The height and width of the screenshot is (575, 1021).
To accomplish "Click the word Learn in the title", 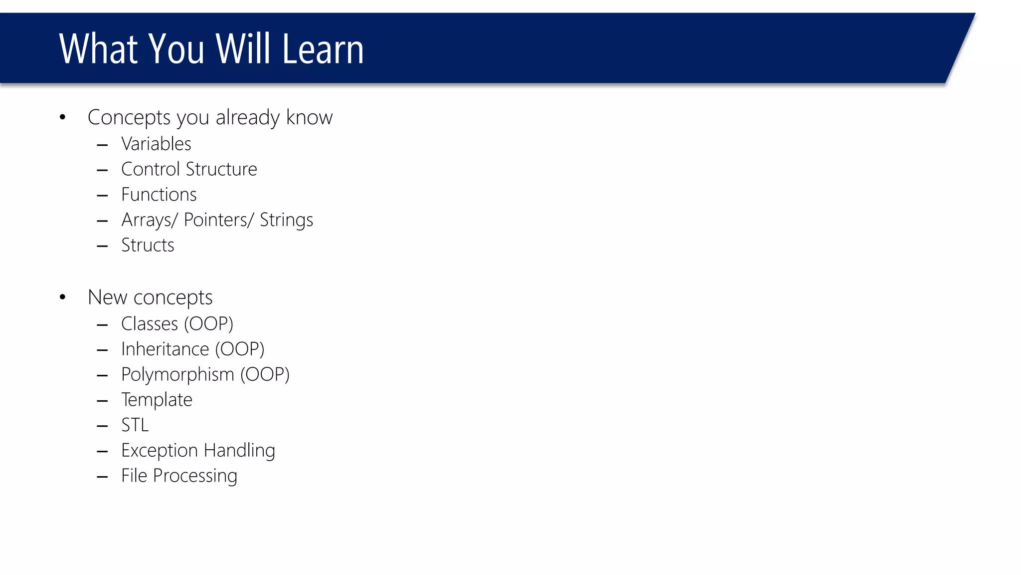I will point(323,49).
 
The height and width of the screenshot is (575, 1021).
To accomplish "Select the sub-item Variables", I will point(156,144).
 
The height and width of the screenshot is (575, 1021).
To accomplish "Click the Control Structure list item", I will point(189,169).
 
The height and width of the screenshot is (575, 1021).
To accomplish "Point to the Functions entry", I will point(159,195).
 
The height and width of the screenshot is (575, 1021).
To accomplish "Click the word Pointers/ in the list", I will point(219,220).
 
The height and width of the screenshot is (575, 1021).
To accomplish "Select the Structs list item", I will point(148,246).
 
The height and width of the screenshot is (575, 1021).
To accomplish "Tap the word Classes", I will point(150,324).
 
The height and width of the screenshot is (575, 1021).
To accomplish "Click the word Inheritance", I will point(165,349).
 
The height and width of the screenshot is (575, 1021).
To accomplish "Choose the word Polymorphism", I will point(177,375).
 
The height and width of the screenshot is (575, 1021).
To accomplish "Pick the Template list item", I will point(157,400).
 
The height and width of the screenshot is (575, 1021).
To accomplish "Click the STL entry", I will point(135,425).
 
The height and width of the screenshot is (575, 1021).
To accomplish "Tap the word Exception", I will point(160,451).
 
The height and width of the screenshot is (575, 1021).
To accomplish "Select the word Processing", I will point(195,476).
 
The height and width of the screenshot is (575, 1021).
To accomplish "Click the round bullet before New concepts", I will point(62,297).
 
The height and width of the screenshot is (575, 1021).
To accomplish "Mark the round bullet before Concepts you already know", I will point(62,118).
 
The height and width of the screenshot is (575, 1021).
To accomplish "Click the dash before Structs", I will point(102,246).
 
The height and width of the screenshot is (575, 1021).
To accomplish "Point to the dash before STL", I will point(102,426).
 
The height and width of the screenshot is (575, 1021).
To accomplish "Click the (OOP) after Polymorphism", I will point(265,375).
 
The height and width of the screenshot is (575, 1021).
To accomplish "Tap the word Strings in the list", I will point(286,220).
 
